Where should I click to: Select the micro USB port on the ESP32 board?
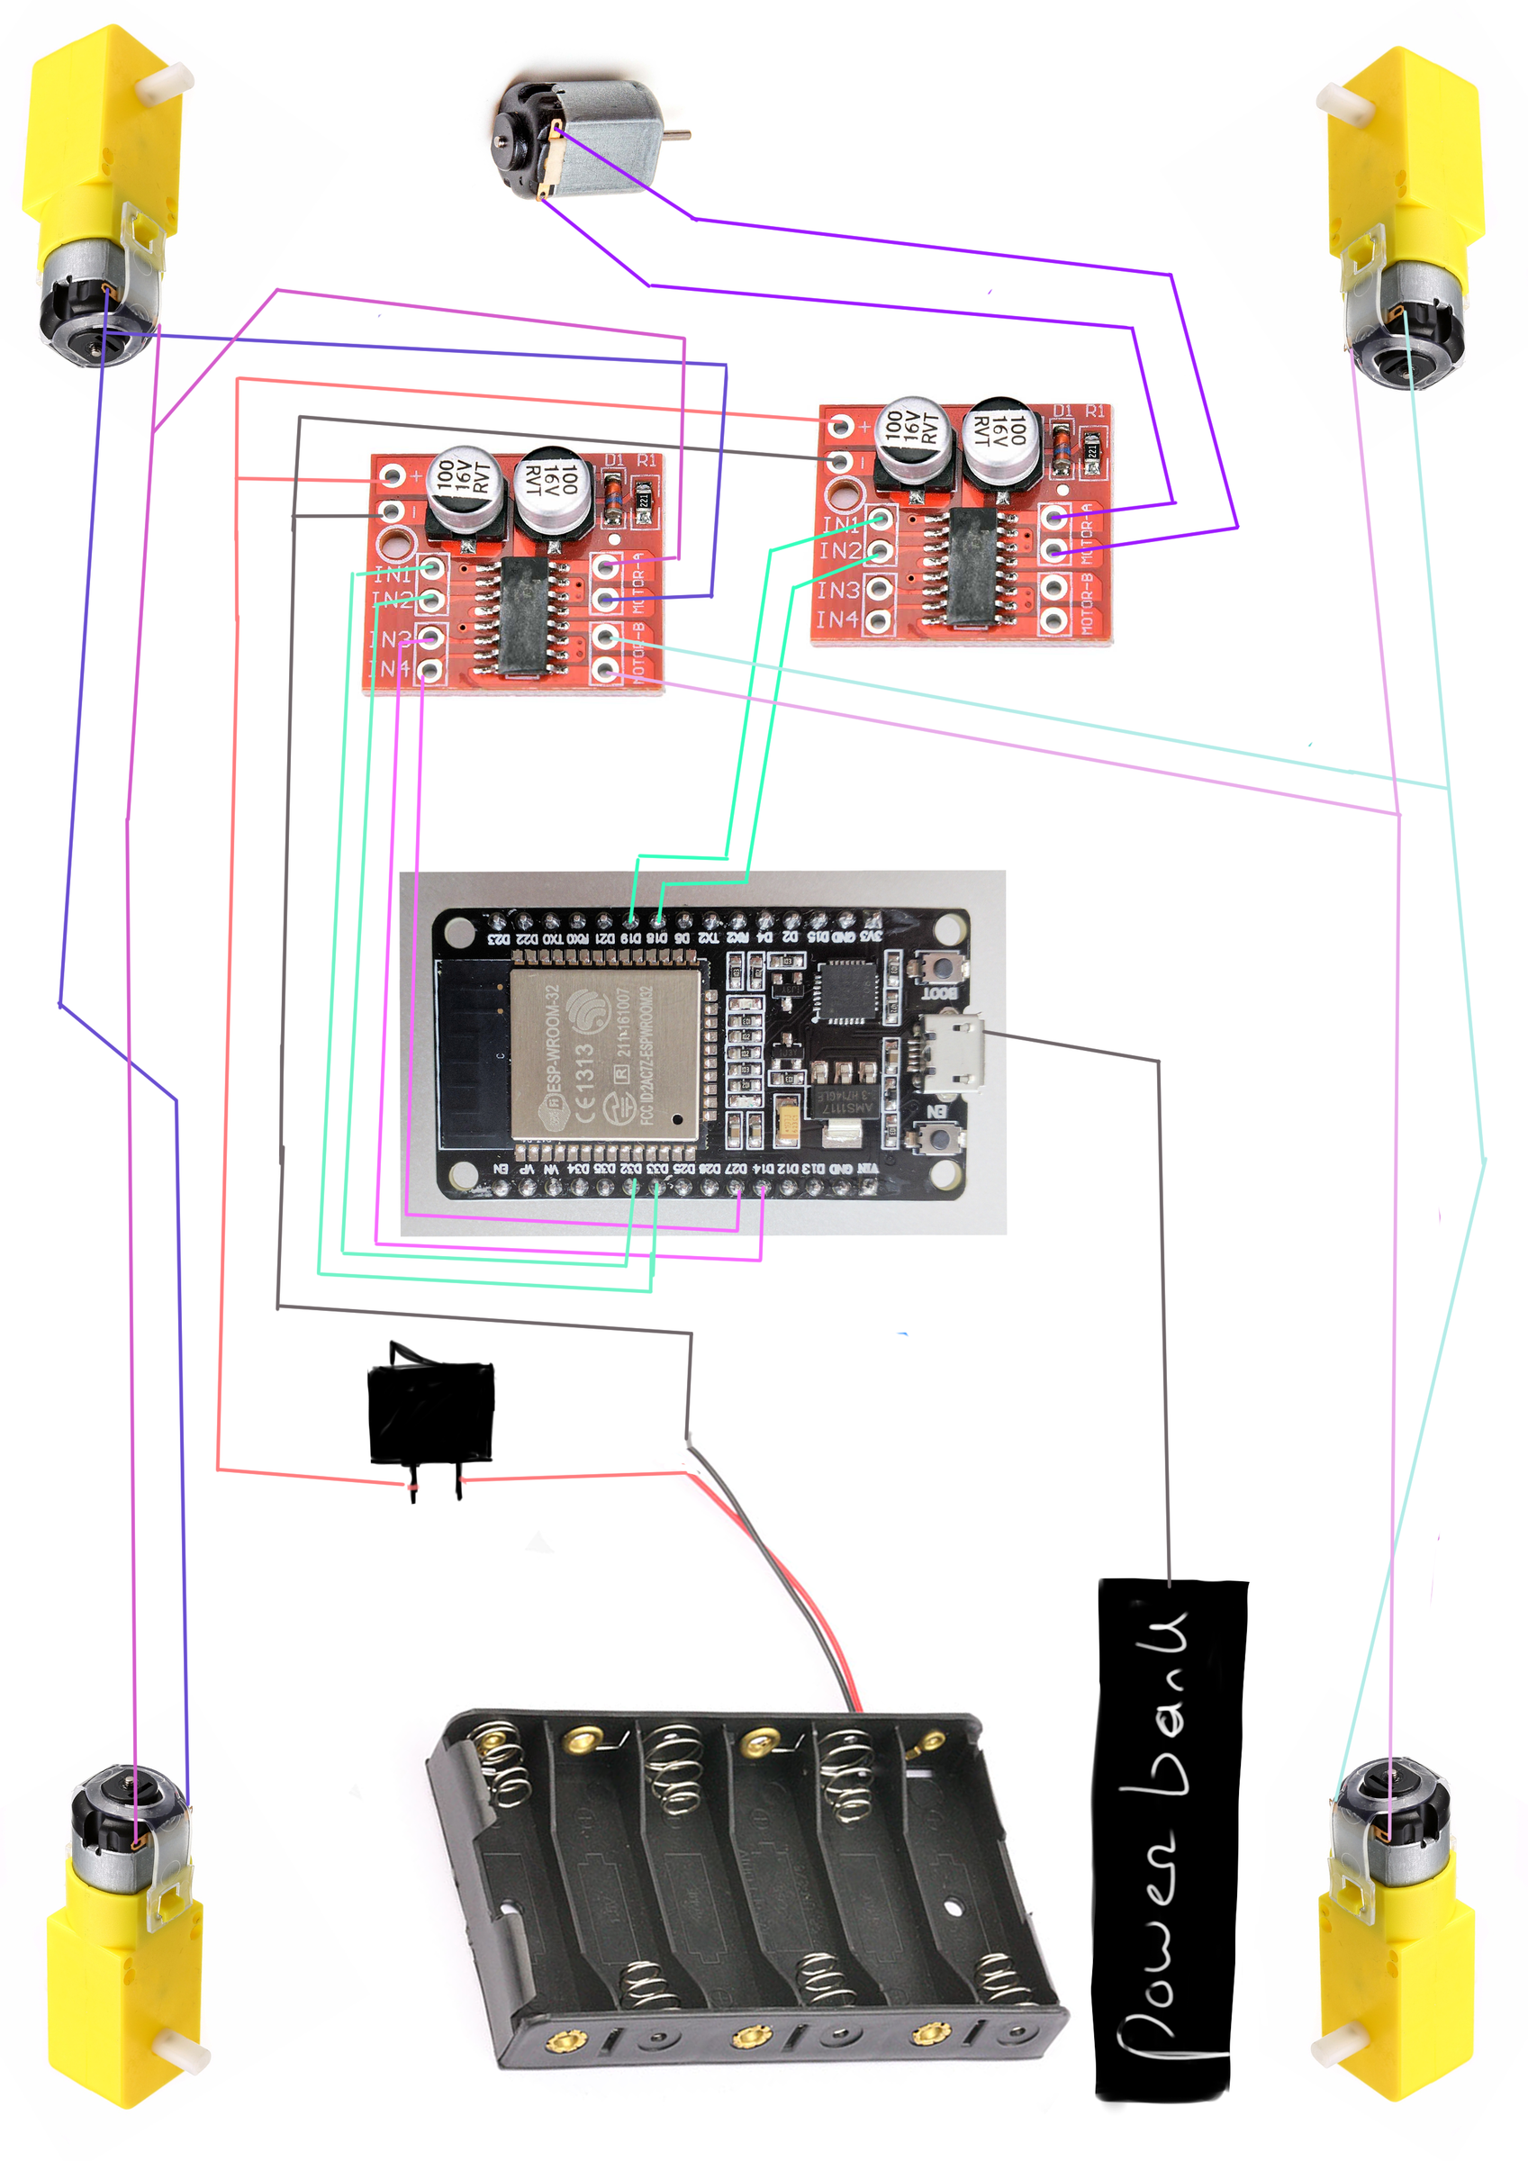tap(954, 1053)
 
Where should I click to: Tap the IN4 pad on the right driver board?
tap(880, 620)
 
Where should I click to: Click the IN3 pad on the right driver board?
tap(880, 589)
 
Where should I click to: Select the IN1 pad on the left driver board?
tap(432, 569)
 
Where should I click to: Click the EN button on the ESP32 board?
tap(936, 1140)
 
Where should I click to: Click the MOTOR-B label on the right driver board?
tap(1087, 602)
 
